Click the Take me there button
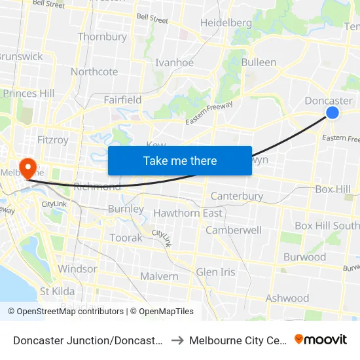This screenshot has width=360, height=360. pyautogui.click(x=180, y=160)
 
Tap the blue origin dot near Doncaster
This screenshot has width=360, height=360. pyautogui.click(x=333, y=113)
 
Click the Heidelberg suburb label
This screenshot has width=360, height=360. pyautogui.click(x=226, y=23)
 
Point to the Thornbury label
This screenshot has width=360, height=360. pyautogui.click(x=102, y=37)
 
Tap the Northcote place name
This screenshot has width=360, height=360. pyautogui.click(x=94, y=72)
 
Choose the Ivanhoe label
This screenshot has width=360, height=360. pyautogui.click(x=174, y=63)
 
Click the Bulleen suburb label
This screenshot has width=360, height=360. pyautogui.click(x=259, y=63)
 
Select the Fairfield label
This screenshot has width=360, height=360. pyautogui.click(x=122, y=100)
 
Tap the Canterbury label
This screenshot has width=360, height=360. pyautogui.click(x=236, y=196)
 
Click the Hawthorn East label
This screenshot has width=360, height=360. pyautogui.click(x=188, y=213)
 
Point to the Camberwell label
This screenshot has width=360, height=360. pyautogui.click(x=234, y=230)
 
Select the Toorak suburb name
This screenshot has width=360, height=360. pyautogui.click(x=126, y=238)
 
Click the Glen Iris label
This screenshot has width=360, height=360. pyautogui.click(x=215, y=272)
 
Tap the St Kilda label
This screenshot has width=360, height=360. pyautogui.click(x=57, y=291)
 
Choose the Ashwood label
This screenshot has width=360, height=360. pyautogui.click(x=287, y=298)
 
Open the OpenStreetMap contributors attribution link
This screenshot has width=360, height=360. pyautogui.click(x=66, y=312)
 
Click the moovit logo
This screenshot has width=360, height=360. pyautogui.click(x=321, y=340)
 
